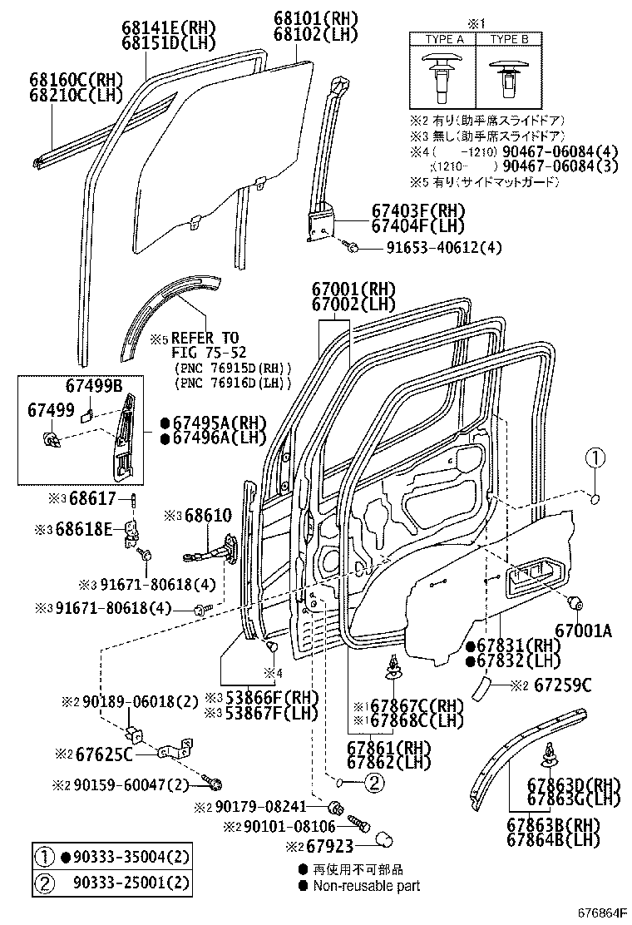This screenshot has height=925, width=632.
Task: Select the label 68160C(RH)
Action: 76,80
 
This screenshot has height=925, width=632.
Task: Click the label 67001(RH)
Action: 353,289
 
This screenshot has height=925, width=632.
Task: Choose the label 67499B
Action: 94,387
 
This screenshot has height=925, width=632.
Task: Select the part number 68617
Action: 92,498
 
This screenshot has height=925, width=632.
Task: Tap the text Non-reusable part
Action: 367,886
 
